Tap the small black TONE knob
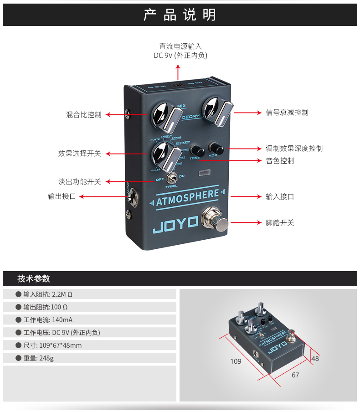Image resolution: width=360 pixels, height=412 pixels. click(x=197, y=150)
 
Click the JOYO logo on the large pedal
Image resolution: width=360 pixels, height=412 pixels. click(x=175, y=221)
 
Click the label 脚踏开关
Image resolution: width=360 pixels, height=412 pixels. click(x=280, y=223)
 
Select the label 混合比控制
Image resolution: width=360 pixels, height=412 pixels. click(x=84, y=115)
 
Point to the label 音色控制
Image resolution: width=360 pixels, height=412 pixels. click(x=280, y=161)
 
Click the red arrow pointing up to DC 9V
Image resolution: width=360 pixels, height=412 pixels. click(x=178, y=72)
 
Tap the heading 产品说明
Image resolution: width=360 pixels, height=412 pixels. click(x=180, y=15)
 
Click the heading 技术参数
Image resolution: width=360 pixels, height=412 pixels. click(x=34, y=279)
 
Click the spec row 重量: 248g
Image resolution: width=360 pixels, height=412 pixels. click(x=39, y=358)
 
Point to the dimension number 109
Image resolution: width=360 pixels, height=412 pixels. click(x=236, y=361)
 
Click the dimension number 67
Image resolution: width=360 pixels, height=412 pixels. click(x=295, y=375)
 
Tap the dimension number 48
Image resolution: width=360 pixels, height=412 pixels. click(x=315, y=359)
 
